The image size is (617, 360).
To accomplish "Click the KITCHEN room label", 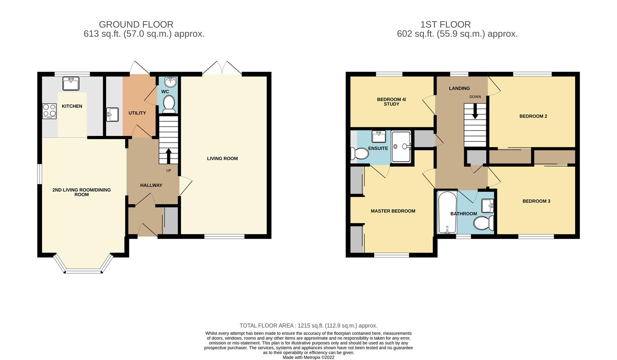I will click(72, 106).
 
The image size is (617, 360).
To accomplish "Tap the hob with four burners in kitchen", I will click(49, 111).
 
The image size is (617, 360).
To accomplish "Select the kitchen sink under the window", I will click(71, 83).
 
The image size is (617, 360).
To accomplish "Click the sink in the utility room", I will click(112, 115).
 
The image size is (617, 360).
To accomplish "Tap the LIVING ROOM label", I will click(222, 158).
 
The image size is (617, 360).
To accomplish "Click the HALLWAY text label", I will click(151, 185).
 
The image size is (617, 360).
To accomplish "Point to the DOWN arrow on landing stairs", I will click(475, 111).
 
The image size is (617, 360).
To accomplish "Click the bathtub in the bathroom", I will click(446, 212).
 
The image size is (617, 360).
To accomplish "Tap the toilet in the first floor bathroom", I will click(484, 223).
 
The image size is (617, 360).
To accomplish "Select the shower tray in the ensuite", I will click(401, 147).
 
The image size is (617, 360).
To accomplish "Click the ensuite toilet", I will click(359, 153).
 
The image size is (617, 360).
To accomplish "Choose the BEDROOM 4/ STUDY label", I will click(391, 101).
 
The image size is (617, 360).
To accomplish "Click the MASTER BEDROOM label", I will click(393, 211).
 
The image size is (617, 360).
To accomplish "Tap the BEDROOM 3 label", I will click(536, 201).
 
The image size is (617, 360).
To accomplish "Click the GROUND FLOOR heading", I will click(136, 25).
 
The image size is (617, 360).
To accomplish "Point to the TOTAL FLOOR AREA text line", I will click(308, 326).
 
